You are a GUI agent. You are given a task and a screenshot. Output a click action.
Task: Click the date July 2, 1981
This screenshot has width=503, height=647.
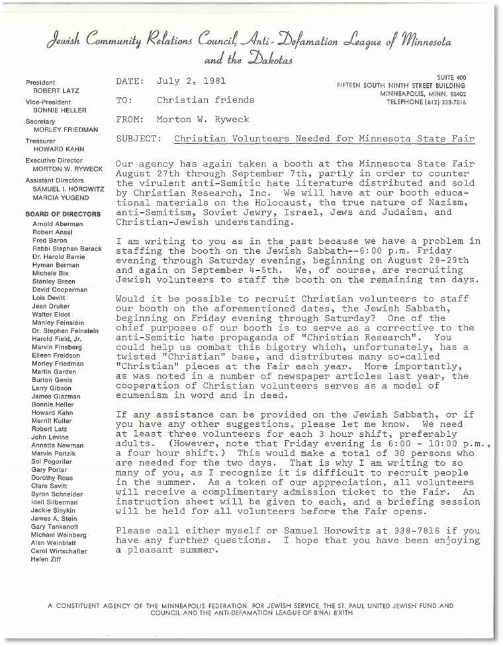pyautogui.click(x=192, y=81)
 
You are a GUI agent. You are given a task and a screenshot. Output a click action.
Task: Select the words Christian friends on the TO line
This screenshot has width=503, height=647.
pyautogui.click(x=206, y=100)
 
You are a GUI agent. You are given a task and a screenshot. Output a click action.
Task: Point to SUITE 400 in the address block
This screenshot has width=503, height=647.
pyautogui.click(x=451, y=77)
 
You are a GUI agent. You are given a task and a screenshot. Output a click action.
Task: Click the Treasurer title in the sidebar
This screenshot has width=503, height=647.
pyautogui.click(x=42, y=141)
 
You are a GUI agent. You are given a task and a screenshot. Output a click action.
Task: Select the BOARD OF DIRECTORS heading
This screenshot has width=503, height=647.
pyautogui.click(x=63, y=214)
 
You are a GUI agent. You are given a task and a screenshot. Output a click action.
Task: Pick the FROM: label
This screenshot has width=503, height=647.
pyautogui.click(x=130, y=120)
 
